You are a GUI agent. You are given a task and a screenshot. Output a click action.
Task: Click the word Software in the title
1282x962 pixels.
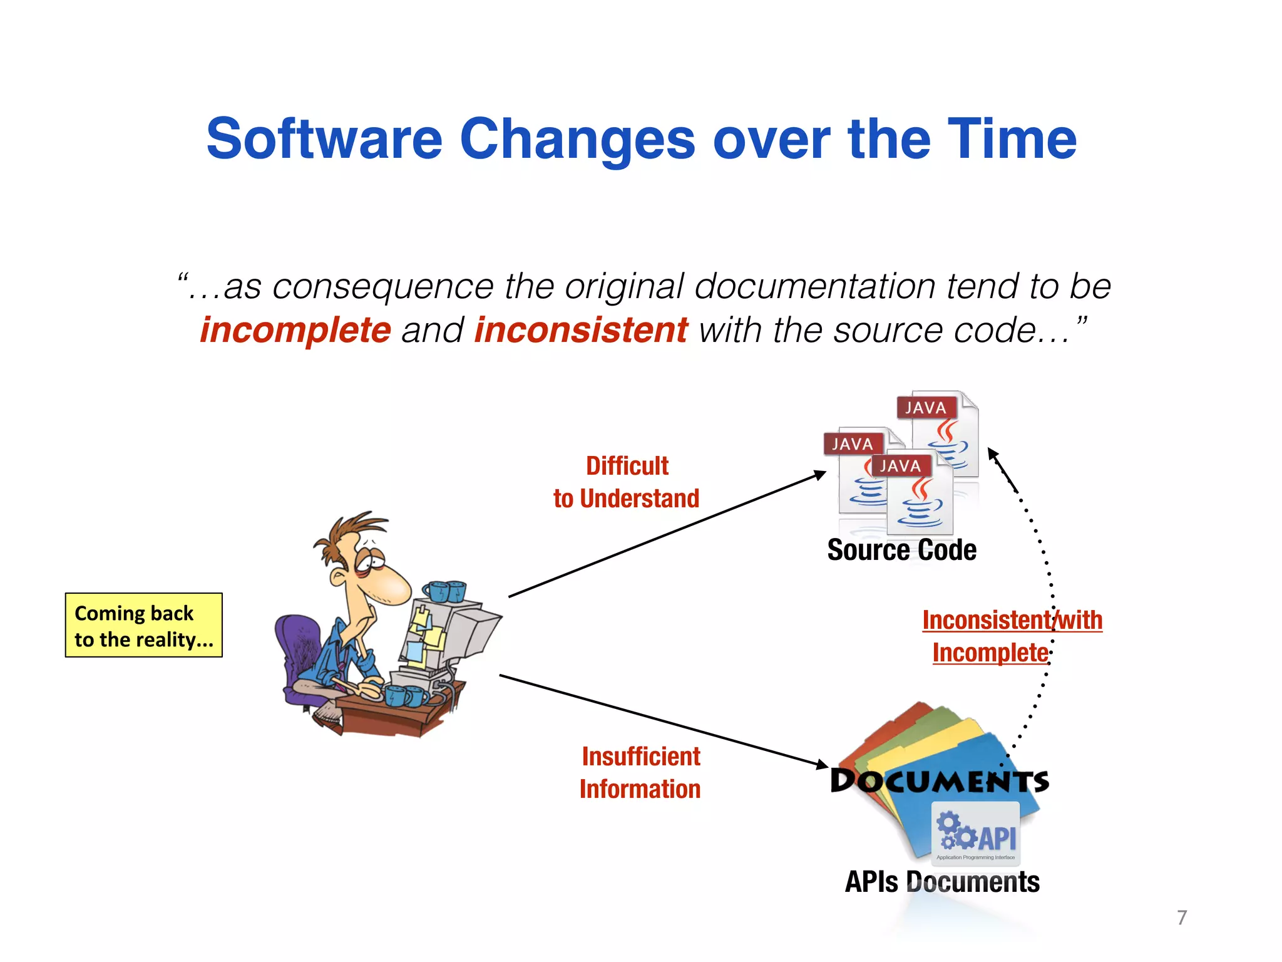pos(324,139)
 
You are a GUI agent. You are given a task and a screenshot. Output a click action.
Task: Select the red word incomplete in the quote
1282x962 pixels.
pos(295,330)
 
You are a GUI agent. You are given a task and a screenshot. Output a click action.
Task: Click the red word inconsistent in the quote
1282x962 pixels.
pos(581,330)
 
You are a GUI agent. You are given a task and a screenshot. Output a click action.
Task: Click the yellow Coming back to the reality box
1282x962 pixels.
pos(144,625)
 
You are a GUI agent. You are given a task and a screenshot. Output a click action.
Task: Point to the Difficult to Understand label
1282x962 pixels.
pos(627,482)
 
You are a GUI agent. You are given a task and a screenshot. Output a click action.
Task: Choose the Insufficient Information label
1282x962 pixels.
pos(640,773)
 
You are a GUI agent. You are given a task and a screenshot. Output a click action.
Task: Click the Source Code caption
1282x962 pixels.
pos(901,550)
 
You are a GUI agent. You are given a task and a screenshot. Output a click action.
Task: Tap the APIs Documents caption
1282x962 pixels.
pos(942,882)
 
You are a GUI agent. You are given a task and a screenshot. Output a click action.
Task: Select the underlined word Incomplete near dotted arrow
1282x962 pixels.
pos(990,653)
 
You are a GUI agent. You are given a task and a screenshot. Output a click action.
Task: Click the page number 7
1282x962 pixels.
pos(1182,918)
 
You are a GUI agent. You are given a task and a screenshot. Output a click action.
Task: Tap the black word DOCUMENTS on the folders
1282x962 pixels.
pos(939,781)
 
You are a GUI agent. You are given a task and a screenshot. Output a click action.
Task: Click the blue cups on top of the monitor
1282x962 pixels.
pos(444,591)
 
